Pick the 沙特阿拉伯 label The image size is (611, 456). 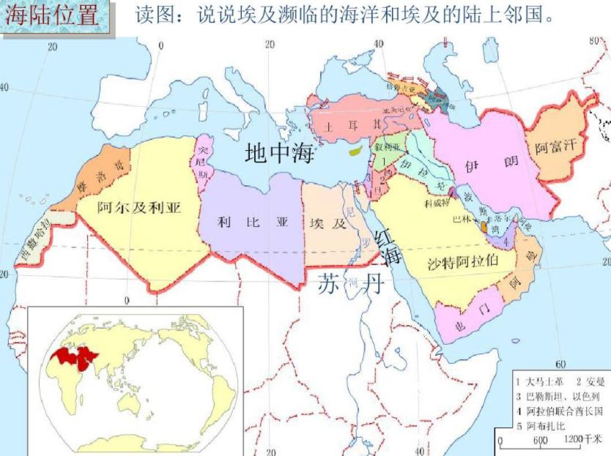point(462,262)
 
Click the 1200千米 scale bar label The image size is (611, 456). point(583,439)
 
